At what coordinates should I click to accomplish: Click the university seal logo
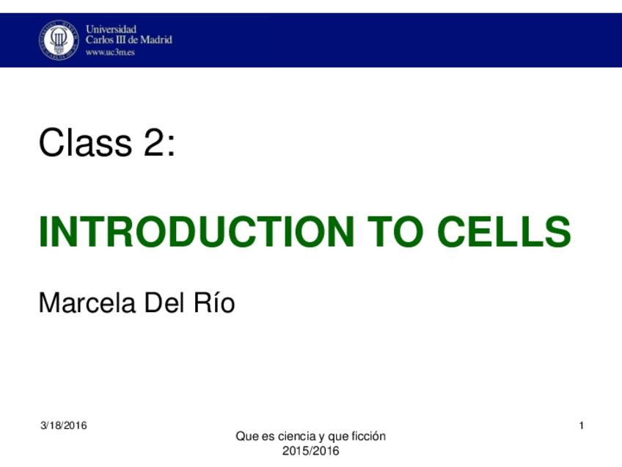tap(59, 40)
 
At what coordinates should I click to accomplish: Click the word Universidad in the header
tap(111, 29)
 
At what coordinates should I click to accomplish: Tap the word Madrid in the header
tap(155, 40)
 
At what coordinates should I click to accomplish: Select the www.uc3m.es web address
tap(111, 52)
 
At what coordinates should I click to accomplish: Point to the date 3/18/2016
tap(63, 426)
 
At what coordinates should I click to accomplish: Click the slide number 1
tap(581, 426)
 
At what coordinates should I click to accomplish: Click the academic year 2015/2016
tap(311, 450)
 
